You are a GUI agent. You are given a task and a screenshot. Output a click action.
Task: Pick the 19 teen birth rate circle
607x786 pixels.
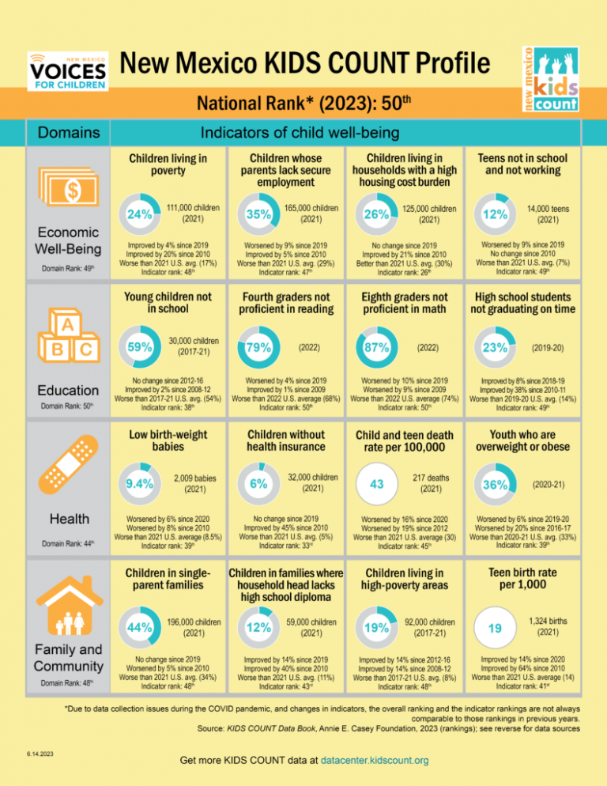[x=494, y=627]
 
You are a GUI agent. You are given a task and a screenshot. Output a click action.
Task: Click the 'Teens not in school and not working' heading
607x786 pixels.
[x=522, y=164]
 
